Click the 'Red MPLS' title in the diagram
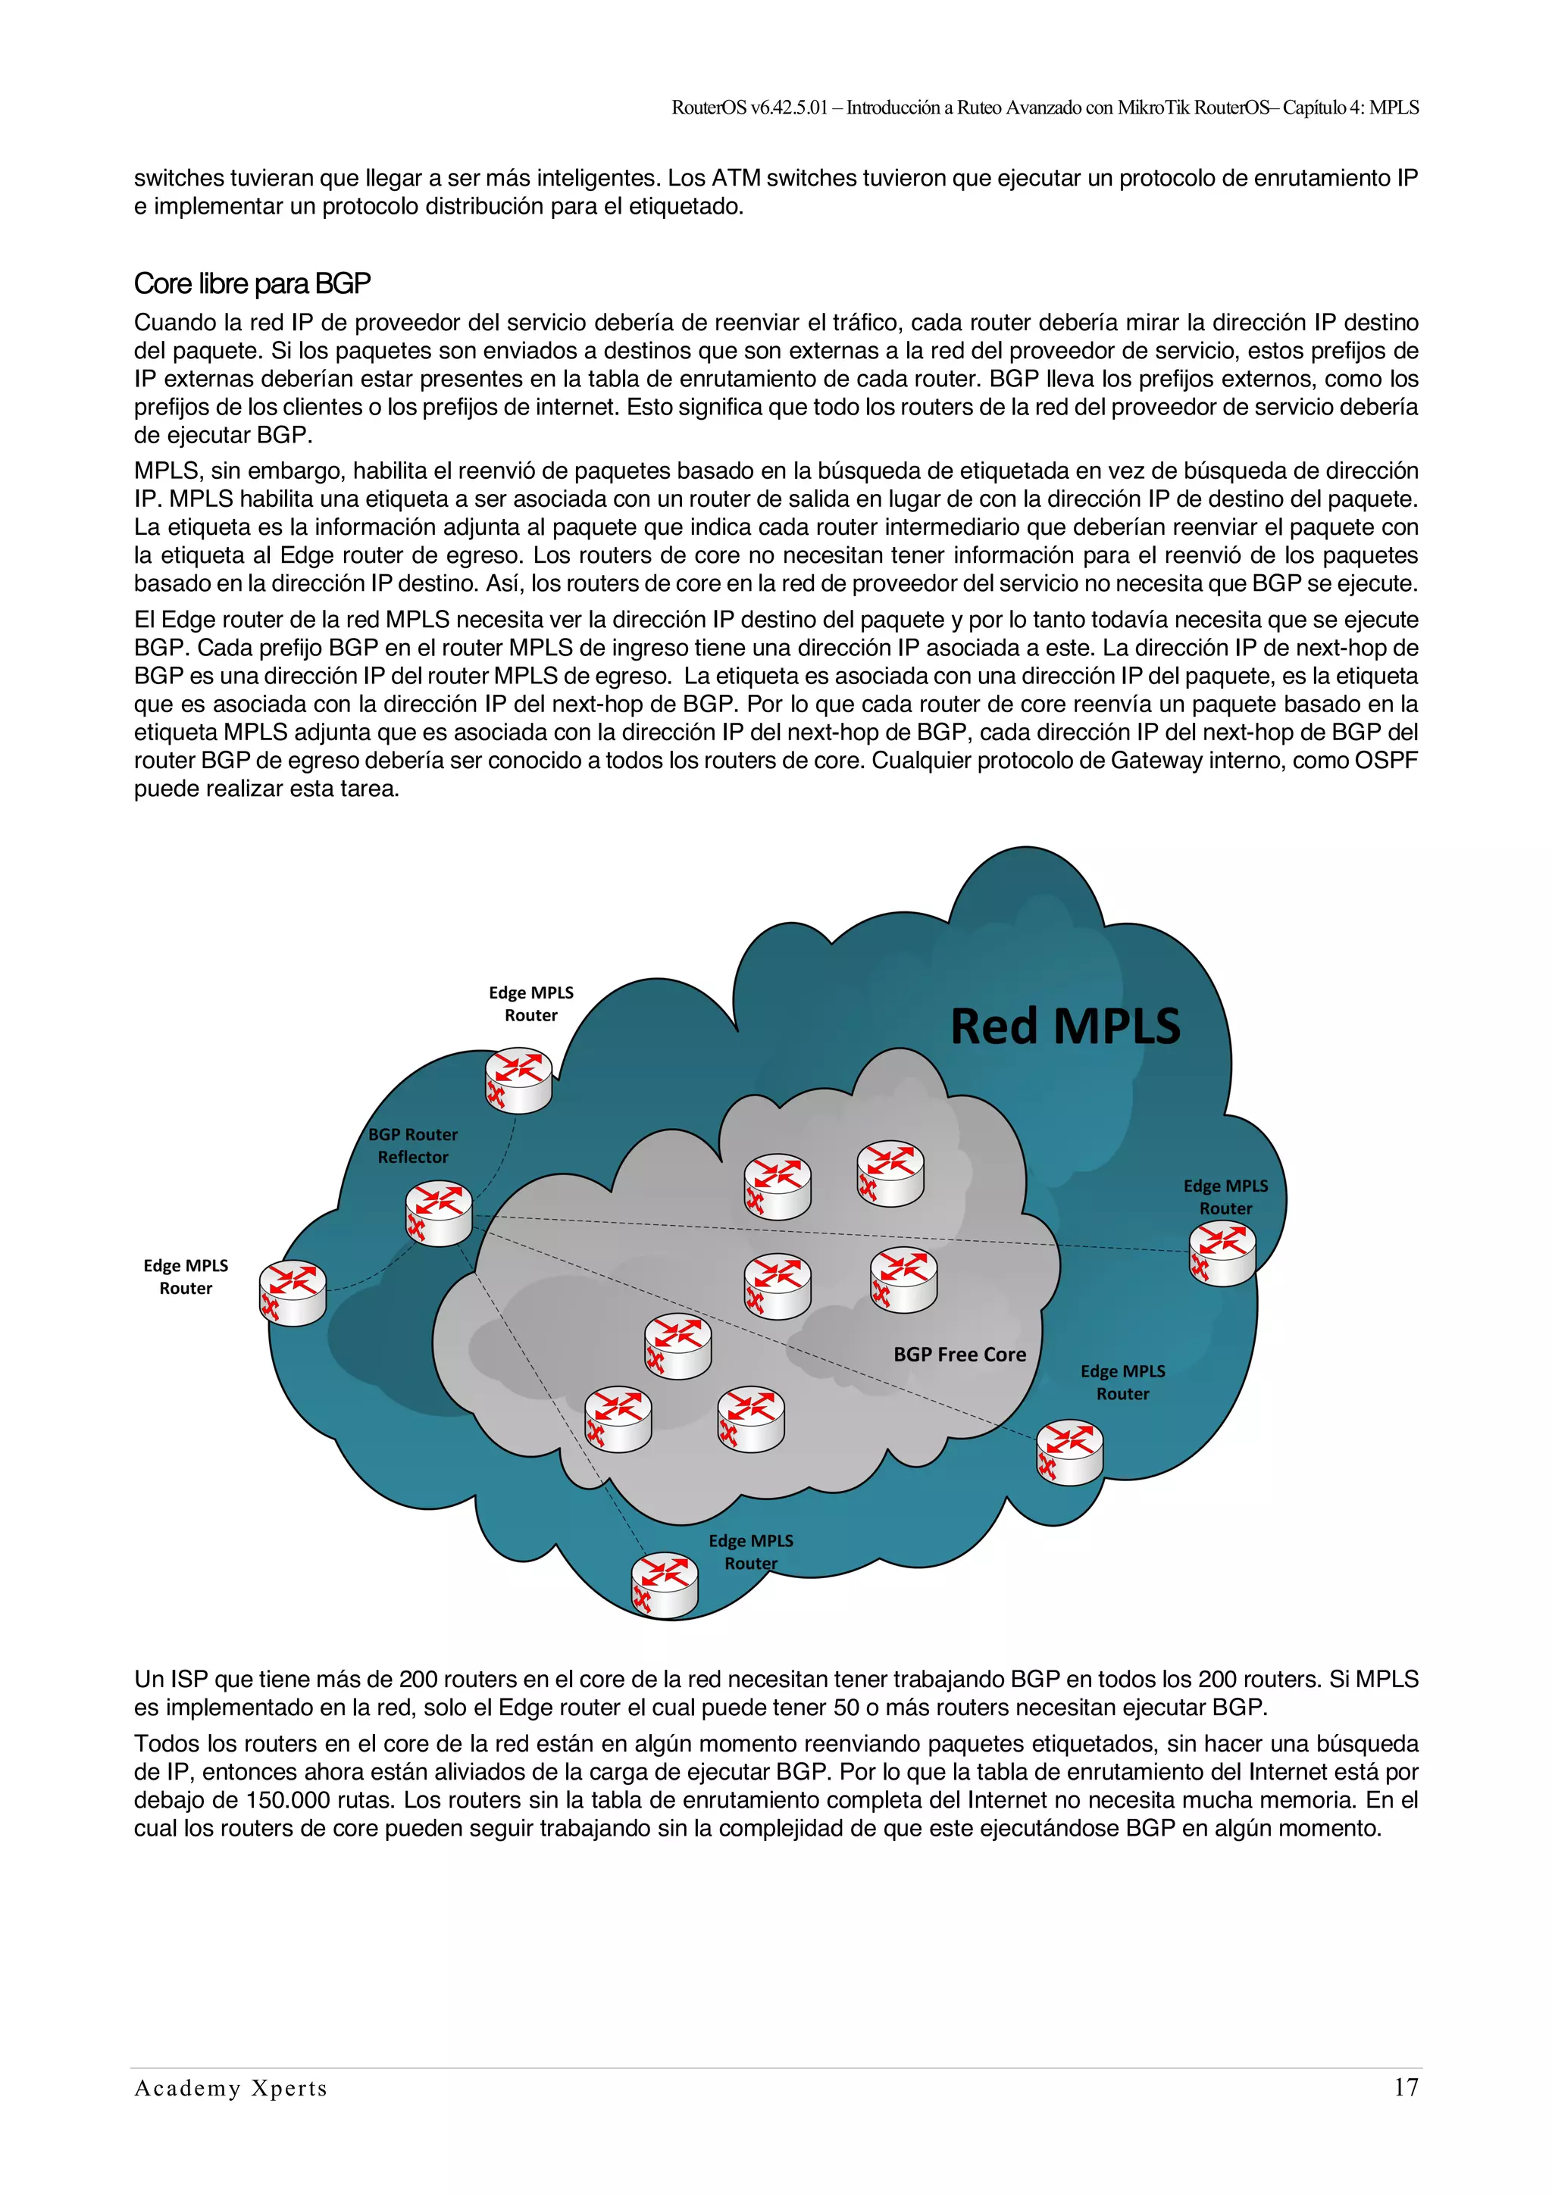(x=1065, y=1027)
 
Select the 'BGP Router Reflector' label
(x=413, y=1145)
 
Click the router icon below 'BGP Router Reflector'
(x=439, y=1214)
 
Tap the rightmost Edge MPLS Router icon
(x=1222, y=1254)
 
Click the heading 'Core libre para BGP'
(x=252, y=284)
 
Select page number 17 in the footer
(x=1405, y=2088)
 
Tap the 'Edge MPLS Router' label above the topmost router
(x=530, y=1003)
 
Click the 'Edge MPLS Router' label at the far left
(x=186, y=1277)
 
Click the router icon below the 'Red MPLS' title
(x=890, y=1174)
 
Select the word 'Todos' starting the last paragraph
(x=164, y=1744)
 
